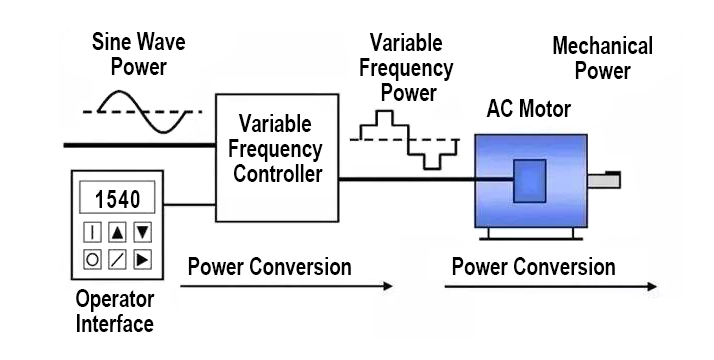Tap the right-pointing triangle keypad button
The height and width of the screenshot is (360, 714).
(x=143, y=260)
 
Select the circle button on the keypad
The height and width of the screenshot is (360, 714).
(x=92, y=260)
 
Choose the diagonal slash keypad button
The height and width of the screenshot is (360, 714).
(x=118, y=260)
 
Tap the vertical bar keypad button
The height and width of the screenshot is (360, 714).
(x=92, y=232)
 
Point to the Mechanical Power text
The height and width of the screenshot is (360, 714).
(x=603, y=58)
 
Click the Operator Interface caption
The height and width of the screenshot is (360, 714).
(x=115, y=311)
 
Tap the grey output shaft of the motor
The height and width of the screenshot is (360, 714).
(x=605, y=181)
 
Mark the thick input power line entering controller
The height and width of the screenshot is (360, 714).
(x=140, y=146)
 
